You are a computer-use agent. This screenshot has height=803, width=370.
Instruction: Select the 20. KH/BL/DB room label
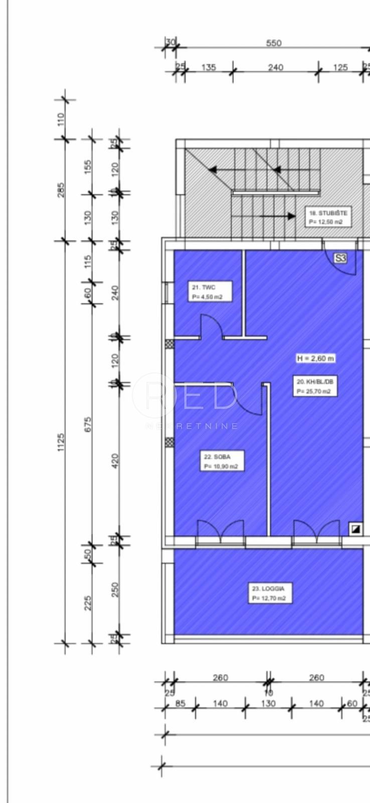point(315,386)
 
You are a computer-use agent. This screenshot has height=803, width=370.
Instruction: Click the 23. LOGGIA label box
point(271,593)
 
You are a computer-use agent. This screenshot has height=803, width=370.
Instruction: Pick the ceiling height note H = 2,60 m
point(315,358)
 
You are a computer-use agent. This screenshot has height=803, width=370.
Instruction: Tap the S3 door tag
point(340,258)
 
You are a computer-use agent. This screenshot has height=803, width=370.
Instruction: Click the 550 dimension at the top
point(274,43)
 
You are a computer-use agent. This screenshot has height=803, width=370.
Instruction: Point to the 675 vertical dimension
point(88,423)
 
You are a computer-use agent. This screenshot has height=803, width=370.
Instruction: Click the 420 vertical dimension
point(115,460)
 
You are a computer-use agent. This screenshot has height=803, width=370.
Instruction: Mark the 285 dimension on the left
point(61,190)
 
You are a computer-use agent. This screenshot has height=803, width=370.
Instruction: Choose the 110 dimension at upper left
point(61,119)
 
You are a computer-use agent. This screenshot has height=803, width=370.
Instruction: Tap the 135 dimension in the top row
point(209,67)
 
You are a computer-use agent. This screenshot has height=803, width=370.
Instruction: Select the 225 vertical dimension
point(88,603)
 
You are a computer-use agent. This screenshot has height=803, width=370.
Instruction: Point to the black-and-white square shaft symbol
point(355,528)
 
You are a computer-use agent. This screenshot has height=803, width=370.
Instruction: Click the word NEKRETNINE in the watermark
point(192,427)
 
